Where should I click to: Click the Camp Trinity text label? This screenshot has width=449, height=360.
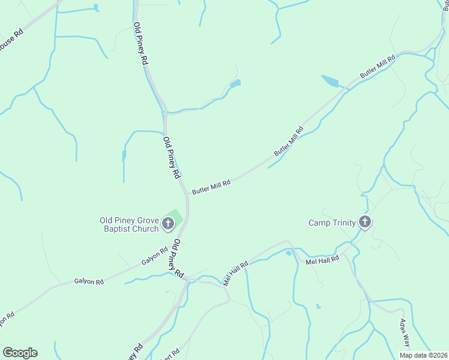tap(332, 223)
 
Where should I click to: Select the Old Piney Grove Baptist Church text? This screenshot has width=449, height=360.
tap(129, 224)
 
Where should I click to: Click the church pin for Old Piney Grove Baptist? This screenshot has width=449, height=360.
tap(168, 224)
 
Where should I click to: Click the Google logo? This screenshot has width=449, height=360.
tap(20, 353)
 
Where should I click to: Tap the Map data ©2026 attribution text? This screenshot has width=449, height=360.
tap(423, 355)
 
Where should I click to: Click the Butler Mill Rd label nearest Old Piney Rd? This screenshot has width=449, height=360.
tap(211, 188)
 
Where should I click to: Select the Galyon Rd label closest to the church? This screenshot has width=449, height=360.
tap(155, 257)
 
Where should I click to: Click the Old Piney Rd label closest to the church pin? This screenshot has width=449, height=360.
tap(178, 257)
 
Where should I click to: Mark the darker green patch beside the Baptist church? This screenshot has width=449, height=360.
tap(175, 214)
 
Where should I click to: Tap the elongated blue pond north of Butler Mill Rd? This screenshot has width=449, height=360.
tap(331, 82)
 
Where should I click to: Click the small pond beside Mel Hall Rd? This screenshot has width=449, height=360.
tap(289, 253)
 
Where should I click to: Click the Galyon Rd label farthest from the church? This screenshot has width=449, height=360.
tap(89, 281)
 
